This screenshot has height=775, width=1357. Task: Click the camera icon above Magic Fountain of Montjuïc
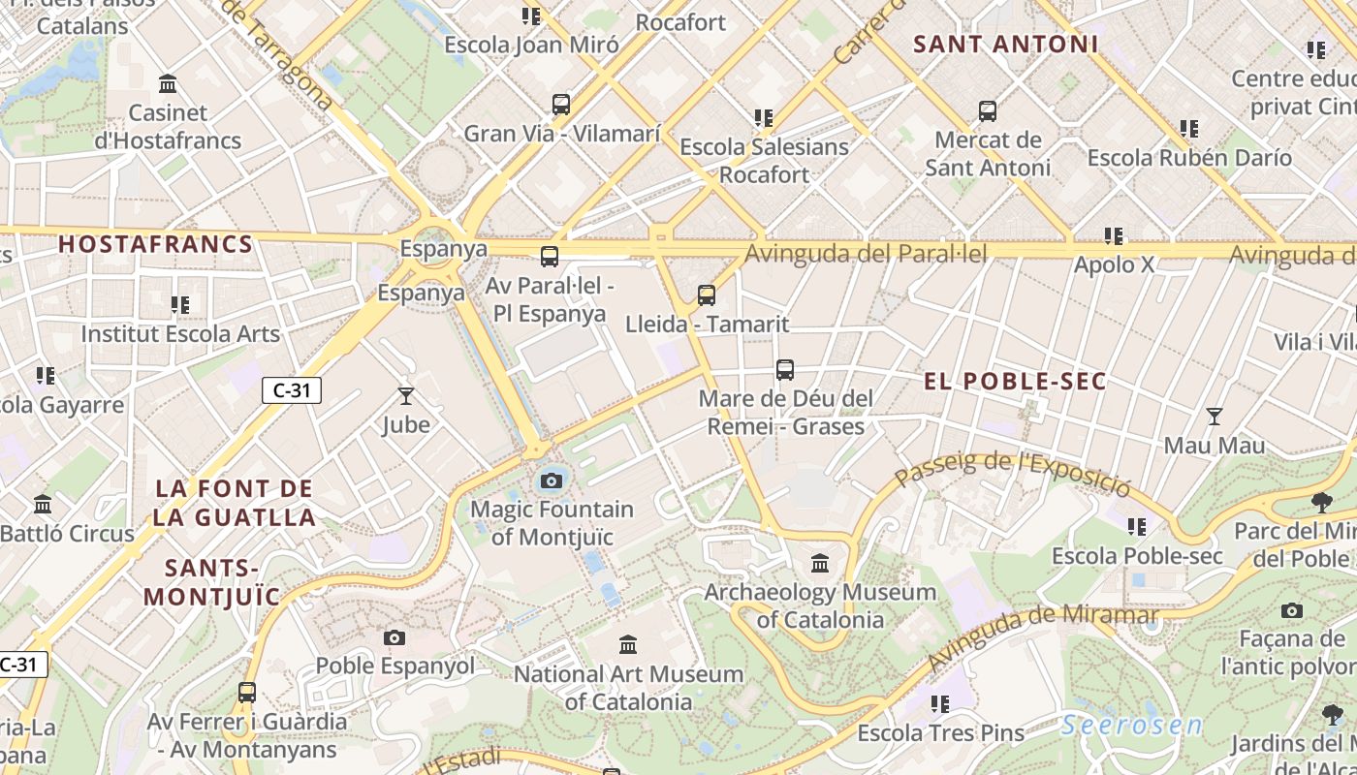552,480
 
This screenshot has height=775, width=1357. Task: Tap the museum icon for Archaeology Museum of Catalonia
820,563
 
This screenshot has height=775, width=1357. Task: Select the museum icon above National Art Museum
628,644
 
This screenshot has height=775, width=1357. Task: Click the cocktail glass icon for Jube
405,395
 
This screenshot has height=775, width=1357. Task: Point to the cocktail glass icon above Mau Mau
1214,417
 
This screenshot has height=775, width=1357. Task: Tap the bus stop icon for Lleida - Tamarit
707,295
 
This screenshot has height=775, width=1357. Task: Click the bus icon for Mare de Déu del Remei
785,370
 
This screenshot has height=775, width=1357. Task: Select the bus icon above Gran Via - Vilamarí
561,105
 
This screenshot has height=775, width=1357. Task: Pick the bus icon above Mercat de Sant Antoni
988,111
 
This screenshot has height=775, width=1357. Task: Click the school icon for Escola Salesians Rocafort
764,118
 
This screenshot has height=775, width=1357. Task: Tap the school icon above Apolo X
1114,235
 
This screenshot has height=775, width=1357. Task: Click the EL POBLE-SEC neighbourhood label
1015,381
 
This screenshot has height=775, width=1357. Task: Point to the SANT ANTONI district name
1006,45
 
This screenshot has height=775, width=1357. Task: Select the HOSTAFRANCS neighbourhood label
155,244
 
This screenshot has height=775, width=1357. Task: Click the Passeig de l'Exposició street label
1013,472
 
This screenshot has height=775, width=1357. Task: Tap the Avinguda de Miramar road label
1042,638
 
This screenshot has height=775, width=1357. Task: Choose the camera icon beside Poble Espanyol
394,637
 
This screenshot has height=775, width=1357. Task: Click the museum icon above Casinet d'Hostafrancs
168,84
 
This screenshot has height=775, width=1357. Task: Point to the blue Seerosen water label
1131,725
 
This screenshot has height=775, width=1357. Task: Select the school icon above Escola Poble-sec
1136,527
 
